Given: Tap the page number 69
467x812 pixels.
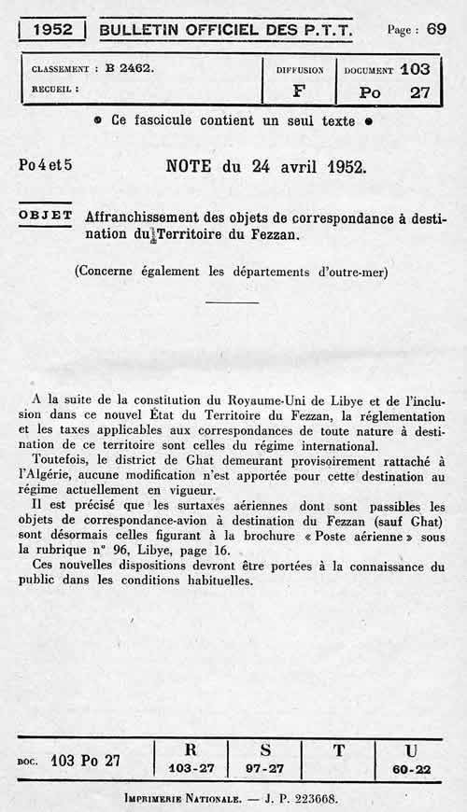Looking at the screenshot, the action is [436, 28].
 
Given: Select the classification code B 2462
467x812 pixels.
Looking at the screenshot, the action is [130, 68].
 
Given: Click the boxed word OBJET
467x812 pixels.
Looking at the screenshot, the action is [46, 215].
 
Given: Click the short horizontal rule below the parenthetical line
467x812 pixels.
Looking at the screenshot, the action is [232, 302].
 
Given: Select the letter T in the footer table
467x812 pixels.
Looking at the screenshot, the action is [338, 749].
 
